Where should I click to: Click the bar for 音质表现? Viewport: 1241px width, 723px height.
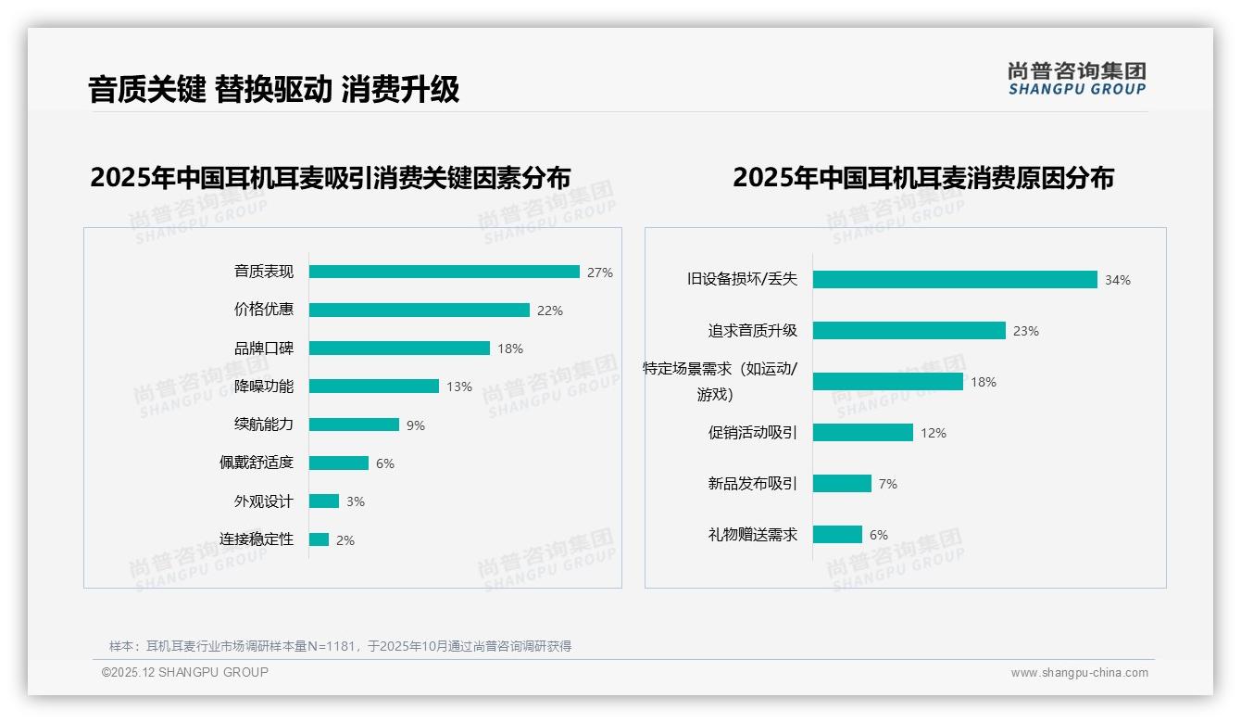coord(445,272)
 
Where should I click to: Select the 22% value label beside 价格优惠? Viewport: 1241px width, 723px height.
coord(549,311)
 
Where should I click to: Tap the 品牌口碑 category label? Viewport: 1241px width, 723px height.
coord(263,349)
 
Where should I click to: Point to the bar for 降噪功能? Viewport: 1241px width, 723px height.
coord(374,387)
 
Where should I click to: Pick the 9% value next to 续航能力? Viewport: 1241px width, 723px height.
coord(416,425)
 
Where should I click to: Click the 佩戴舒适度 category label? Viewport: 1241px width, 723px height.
coord(256,463)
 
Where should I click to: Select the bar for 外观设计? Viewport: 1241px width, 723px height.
coord(324,501)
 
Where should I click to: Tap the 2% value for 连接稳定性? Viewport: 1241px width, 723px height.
coord(345,540)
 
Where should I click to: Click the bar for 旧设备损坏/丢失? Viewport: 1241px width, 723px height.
coord(955,279)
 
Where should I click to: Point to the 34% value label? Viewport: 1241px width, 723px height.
coord(1117,280)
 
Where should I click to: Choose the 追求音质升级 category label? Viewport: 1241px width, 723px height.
coord(752,330)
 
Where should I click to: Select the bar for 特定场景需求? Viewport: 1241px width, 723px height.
coord(888,381)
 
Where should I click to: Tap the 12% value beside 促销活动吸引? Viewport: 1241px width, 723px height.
coord(933,433)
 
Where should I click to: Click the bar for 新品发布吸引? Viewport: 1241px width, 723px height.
coord(842,483)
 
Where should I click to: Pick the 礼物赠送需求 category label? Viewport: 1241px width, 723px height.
coord(752,535)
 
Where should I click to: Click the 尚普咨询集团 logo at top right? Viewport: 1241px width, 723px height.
coord(1076,79)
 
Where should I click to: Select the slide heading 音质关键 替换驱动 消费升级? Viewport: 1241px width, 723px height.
coord(274,90)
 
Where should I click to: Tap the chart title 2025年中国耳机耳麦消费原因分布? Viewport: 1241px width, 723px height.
coord(922,178)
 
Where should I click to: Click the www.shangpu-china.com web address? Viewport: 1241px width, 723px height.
coord(1079,673)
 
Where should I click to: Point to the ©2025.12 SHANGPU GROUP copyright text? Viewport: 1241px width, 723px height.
coord(185,672)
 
